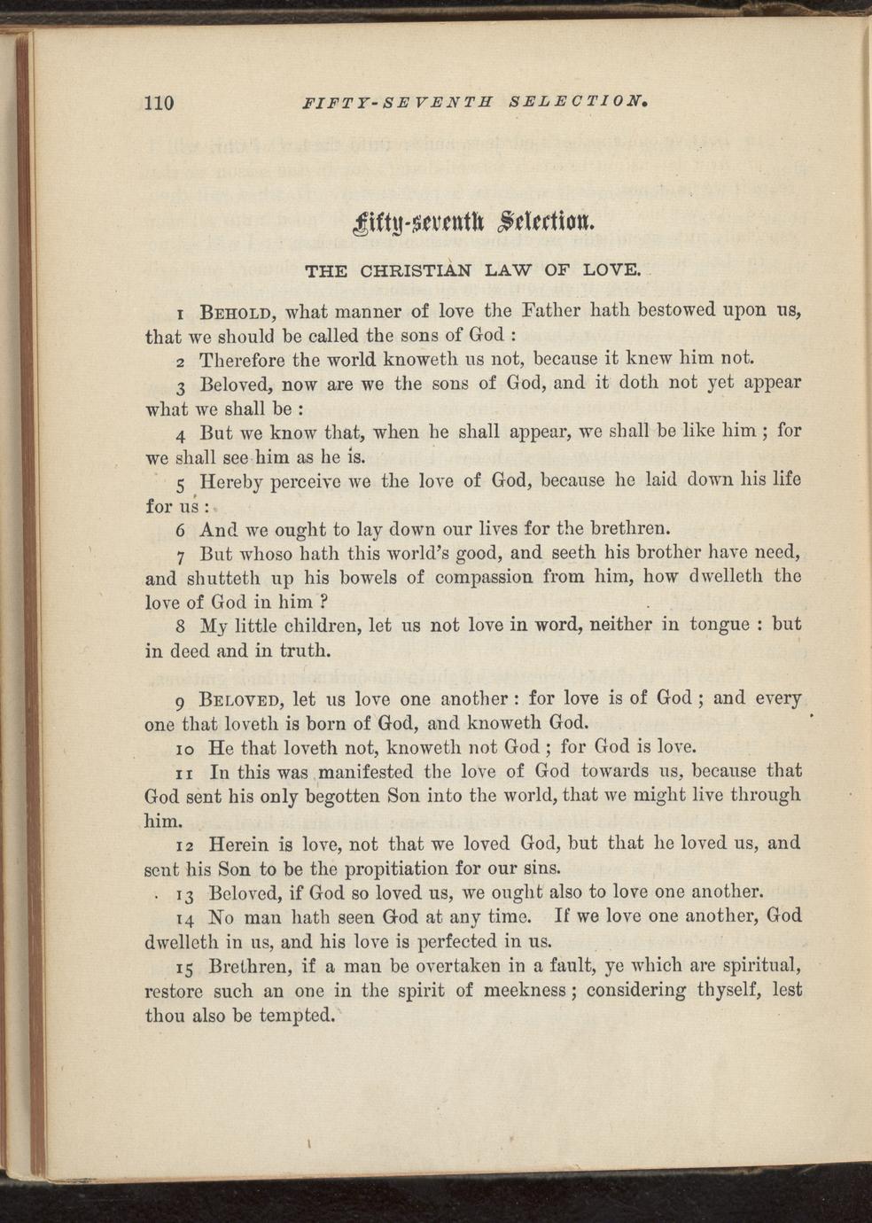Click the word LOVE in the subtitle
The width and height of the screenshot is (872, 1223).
(x=611, y=269)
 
